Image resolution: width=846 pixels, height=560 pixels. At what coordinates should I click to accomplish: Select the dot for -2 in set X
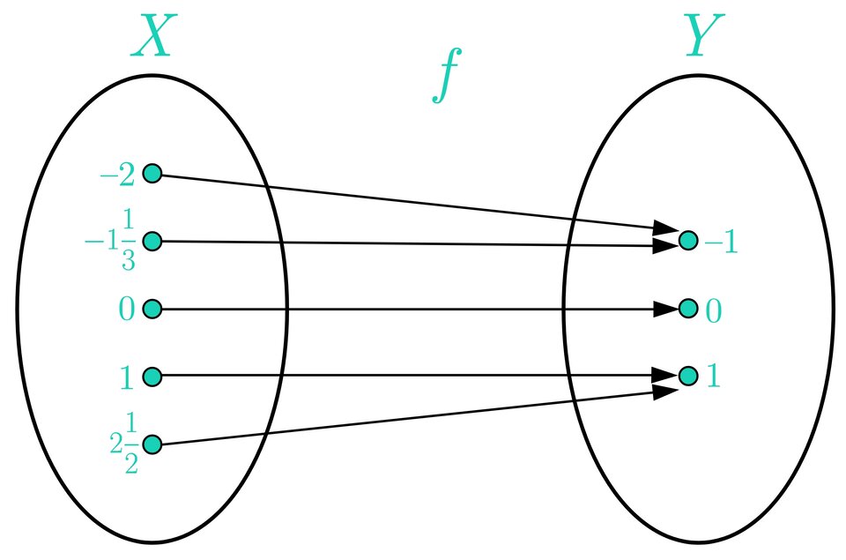[x=152, y=174]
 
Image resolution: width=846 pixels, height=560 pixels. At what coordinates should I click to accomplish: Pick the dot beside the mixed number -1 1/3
[x=152, y=241]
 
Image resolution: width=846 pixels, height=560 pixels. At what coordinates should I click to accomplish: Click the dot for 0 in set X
[x=152, y=309]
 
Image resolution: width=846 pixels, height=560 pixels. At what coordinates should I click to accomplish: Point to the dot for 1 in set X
[x=152, y=377]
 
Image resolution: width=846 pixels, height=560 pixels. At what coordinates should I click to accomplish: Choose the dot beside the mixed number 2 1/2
[x=152, y=444]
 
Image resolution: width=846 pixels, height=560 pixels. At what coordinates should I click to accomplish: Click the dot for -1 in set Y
[x=688, y=240]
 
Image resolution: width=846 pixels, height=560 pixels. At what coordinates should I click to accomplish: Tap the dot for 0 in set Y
[x=688, y=309]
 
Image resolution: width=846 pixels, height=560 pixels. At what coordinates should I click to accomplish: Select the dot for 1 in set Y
[x=688, y=377]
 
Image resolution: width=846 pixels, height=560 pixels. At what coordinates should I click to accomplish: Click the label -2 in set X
[x=118, y=175]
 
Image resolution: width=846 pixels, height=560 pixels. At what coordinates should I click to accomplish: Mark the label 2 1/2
[x=125, y=445]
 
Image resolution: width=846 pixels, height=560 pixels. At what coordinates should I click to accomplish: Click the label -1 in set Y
[x=720, y=242]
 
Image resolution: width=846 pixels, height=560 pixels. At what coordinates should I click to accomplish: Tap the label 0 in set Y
[x=714, y=310]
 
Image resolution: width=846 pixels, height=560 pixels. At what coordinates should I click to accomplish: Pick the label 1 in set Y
[x=713, y=377]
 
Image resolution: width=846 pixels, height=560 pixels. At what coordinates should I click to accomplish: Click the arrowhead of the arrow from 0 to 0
[x=665, y=309]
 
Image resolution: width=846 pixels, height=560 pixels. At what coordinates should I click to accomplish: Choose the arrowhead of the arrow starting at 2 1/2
[x=665, y=391]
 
